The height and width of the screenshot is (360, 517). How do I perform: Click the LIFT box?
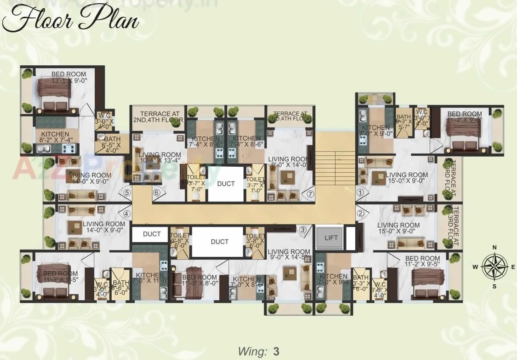[331, 237]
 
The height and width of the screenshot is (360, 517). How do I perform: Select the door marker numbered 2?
[360, 213]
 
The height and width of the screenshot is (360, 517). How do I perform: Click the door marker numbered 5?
[157, 193]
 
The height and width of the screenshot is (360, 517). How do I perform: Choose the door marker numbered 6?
[310, 194]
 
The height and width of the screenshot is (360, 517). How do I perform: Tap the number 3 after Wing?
[276, 351]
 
